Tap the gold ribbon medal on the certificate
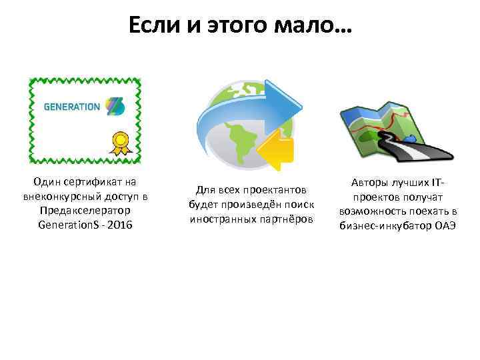pos(120,141)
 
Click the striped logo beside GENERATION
pos(114,106)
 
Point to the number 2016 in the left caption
pos(121,225)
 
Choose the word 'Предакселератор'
pos(85,211)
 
